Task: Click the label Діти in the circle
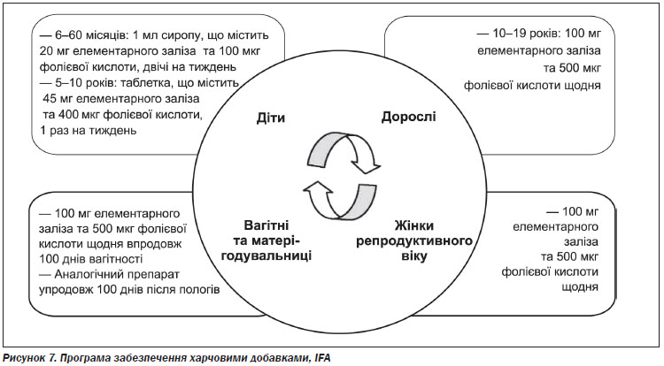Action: click(271, 118)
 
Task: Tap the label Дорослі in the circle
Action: click(409, 117)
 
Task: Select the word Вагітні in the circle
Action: click(266, 225)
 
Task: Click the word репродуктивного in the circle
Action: click(414, 240)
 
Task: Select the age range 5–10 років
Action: click(87, 83)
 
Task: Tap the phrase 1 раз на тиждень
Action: click(88, 130)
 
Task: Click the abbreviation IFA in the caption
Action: click(322, 358)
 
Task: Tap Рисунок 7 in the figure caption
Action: click(29, 358)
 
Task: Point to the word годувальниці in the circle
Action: click(266, 256)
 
